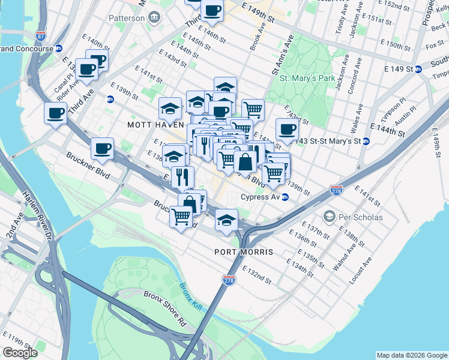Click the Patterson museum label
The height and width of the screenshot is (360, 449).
click(x=127, y=18)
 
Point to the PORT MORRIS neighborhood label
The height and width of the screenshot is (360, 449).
click(x=244, y=252)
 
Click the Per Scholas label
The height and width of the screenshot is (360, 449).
click(x=360, y=217)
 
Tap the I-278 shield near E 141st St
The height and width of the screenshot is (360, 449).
click(x=336, y=190)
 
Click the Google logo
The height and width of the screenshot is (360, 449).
click(x=20, y=353)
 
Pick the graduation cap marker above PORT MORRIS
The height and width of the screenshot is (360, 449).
click(x=226, y=219)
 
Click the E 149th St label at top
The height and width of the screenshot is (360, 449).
click(x=258, y=13)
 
